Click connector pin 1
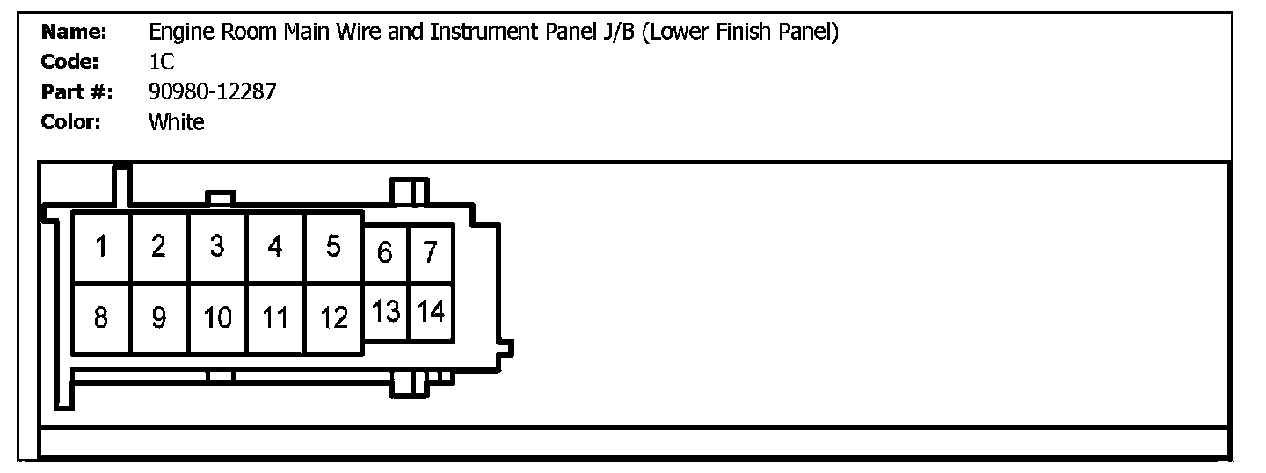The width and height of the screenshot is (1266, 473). coord(101,247)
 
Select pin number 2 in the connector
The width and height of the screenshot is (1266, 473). coord(159,247)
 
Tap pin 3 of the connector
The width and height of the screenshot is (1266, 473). coord(217,247)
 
